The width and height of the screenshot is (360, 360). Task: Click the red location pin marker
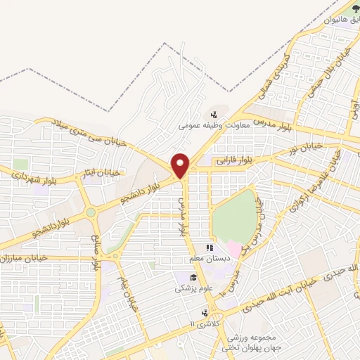click(181, 165)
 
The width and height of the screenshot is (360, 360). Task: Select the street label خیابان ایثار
click(103, 172)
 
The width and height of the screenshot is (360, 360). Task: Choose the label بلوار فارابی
click(233, 162)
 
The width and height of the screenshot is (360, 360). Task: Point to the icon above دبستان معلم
click(208, 248)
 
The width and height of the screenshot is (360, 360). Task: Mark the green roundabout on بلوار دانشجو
click(90, 212)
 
